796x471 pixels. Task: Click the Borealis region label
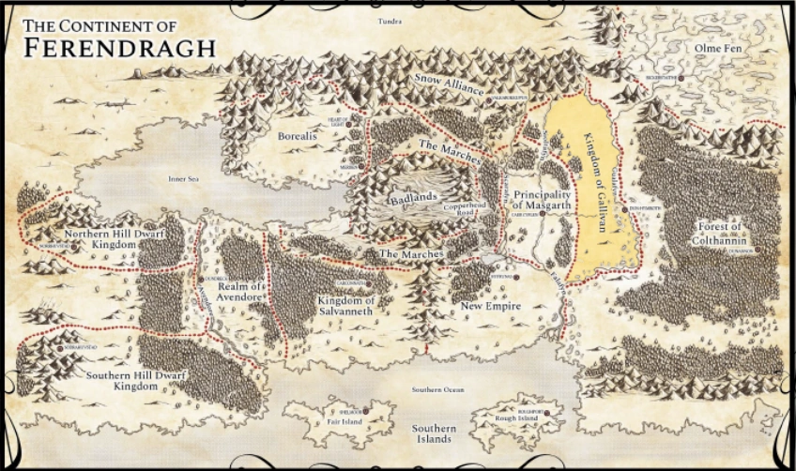coord(298,136)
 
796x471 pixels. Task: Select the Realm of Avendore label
coord(241,292)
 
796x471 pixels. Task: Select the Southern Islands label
coord(433,433)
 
